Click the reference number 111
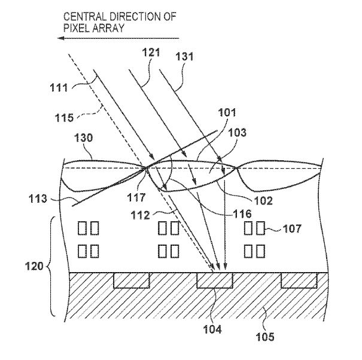59,88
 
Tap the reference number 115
64,118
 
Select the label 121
151,53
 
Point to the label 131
184,57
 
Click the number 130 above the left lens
83,138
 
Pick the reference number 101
227,112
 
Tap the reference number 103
238,133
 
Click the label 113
38,199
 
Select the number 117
136,197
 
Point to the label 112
141,215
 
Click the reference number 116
242,214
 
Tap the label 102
263,201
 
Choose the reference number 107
292,229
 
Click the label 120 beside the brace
34,266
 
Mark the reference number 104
212,330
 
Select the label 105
265,337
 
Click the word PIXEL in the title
77,28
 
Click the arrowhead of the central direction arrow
60,38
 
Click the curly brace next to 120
51,266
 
